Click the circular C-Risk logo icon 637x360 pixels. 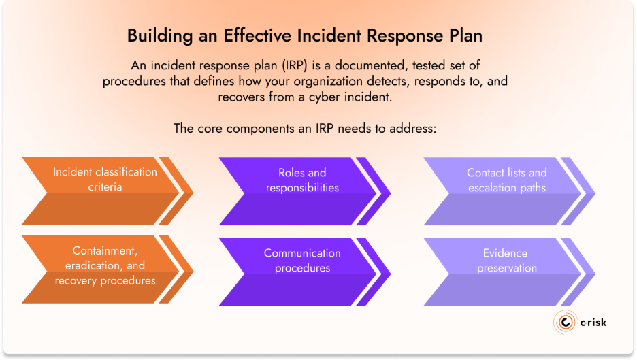tap(565, 323)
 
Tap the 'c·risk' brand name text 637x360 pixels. tap(593, 323)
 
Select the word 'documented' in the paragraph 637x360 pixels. tap(339, 66)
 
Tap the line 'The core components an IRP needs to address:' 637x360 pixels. tap(305, 128)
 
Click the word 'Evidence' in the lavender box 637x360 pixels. tap(506, 253)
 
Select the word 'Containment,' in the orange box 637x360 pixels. tap(104, 251)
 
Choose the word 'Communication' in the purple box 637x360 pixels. tap(302, 253)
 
